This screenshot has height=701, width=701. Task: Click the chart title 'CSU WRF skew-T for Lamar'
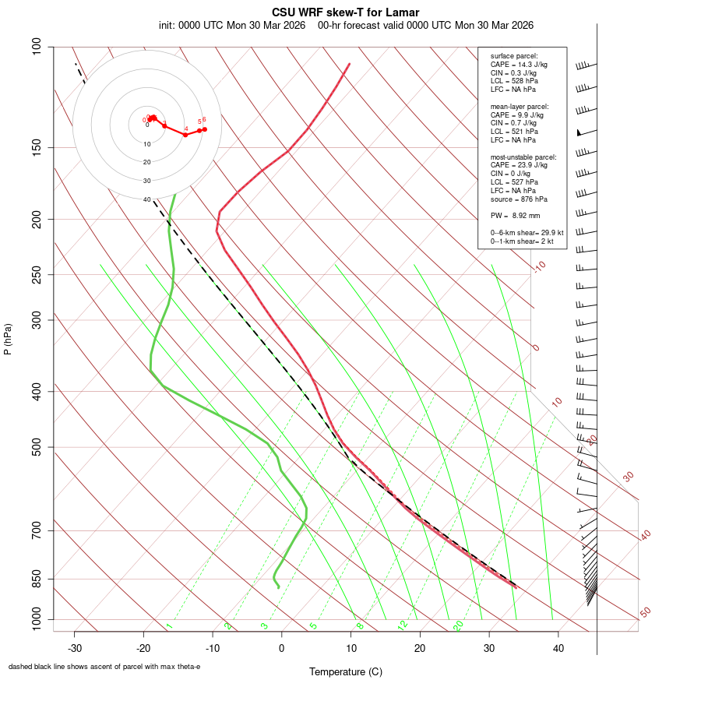click(x=346, y=12)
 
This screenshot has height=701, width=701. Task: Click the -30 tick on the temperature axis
click(x=75, y=648)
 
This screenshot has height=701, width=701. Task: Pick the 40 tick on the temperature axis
click(x=558, y=648)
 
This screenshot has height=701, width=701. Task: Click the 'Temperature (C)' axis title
click(x=346, y=671)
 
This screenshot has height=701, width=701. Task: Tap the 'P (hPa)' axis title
click(x=8, y=340)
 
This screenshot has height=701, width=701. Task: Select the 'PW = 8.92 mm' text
click(x=515, y=216)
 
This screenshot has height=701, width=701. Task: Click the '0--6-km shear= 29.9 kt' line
click(x=527, y=233)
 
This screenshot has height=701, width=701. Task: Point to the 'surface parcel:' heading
click(x=514, y=56)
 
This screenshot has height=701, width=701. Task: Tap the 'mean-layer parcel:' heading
click(x=520, y=106)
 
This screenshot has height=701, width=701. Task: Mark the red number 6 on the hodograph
click(x=204, y=119)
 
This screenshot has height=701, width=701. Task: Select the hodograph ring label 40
click(x=146, y=199)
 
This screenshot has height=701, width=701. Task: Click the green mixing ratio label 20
click(x=458, y=625)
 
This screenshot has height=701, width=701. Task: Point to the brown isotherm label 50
click(x=645, y=613)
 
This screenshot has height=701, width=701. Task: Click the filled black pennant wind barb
click(x=579, y=132)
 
